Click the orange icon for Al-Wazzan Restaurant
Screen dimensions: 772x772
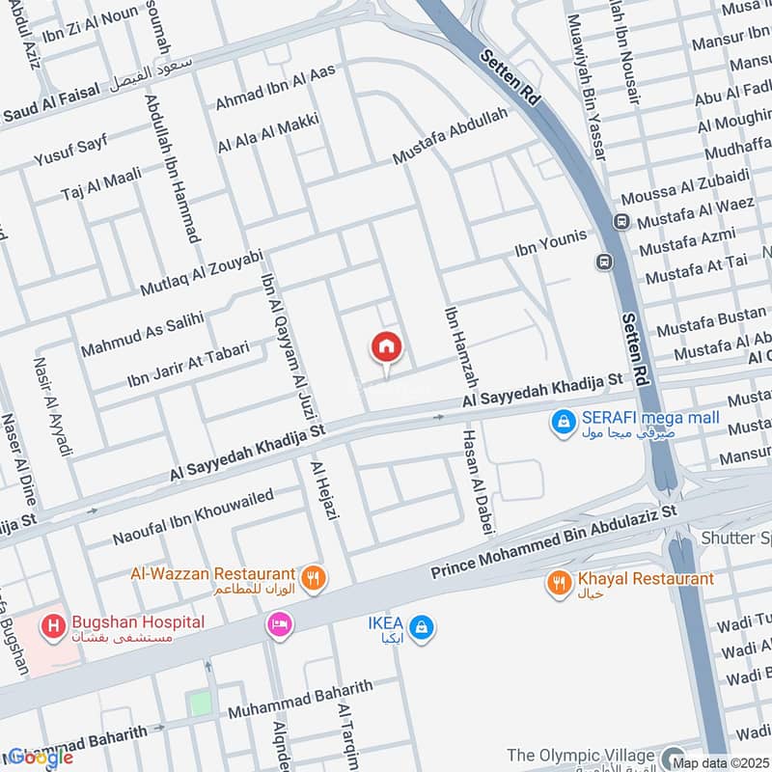tap(313, 579)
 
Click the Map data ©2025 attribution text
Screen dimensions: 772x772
tap(720, 762)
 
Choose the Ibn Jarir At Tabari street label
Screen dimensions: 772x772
tap(188, 364)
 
